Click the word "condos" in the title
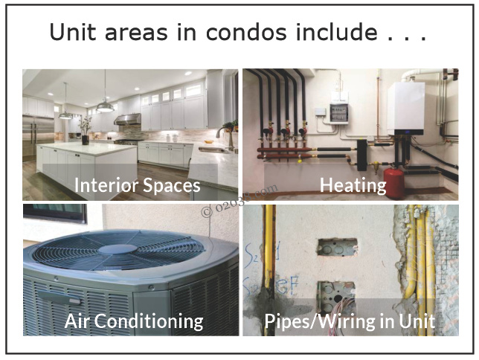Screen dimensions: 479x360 [246, 33]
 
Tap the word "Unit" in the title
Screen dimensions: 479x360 [72, 33]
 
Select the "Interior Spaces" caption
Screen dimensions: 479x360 [137, 185]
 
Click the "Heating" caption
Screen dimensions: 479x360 [353, 185]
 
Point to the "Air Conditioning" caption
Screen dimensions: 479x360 [134, 321]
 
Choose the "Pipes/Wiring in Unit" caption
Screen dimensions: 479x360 [350, 321]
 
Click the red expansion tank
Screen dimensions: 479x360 [394, 182]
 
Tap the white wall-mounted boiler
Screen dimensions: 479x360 [406, 109]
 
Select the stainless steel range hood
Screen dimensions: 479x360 [128, 119]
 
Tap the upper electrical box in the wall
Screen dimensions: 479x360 [337, 247]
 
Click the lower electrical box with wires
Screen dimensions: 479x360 [336, 295]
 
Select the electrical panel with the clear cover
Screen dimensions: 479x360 [338, 114]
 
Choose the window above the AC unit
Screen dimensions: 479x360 [55, 213]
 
